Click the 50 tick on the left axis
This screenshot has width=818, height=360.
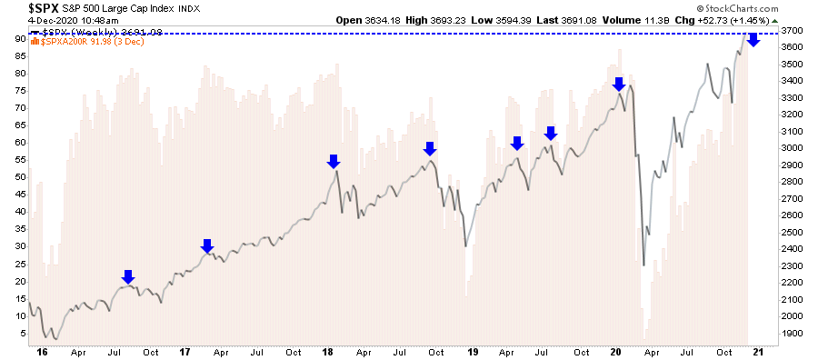click(20, 177)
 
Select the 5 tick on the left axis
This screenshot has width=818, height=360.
click(22, 333)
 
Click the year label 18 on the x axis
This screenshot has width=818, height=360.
click(326, 351)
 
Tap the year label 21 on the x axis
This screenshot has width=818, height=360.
click(758, 351)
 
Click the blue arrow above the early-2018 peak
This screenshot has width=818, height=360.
click(333, 161)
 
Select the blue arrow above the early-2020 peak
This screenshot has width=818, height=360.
click(619, 85)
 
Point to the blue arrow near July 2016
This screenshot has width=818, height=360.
click(128, 276)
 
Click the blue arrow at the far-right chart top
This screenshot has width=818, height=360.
click(753, 39)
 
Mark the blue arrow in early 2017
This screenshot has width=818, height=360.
click(207, 245)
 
